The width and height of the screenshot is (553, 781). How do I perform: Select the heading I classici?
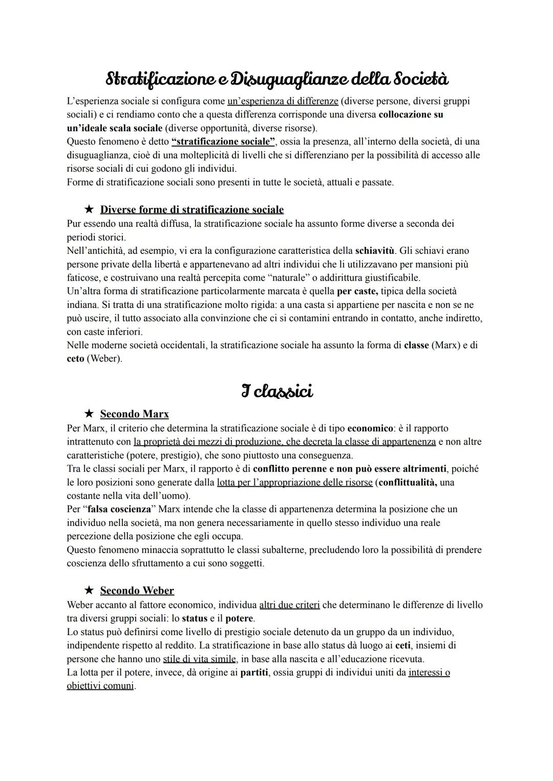276,391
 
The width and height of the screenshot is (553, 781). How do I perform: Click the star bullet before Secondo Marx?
90,414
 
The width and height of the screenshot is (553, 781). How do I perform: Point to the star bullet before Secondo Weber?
90,590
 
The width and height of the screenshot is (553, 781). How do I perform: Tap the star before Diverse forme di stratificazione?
90,209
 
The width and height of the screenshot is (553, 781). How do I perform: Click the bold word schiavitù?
375,251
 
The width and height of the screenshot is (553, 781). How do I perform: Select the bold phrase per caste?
357,291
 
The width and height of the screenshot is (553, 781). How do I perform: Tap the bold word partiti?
254,672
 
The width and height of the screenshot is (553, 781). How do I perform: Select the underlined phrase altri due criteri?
289,605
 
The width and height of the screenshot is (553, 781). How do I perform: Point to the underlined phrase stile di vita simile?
200,659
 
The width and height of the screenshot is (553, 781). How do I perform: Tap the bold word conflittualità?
408,482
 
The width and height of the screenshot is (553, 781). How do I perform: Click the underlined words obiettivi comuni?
100,686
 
